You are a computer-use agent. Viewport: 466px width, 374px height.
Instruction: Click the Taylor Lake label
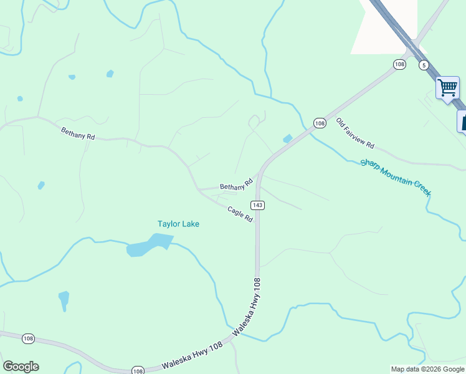(178, 224)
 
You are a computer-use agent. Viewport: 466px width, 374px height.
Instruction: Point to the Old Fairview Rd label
(355, 133)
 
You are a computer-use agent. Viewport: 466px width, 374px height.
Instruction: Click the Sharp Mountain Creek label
(395, 178)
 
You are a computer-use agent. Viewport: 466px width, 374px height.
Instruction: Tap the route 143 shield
(258, 205)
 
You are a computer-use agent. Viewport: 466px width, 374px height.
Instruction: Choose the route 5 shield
(424, 65)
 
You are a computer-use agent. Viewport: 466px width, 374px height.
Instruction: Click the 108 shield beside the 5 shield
(400, 64)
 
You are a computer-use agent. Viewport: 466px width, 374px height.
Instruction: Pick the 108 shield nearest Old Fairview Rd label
(320, 123)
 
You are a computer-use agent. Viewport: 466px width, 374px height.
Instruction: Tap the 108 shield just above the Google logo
(28, 338)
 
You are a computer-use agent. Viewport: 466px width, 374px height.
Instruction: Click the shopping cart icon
(447, 88)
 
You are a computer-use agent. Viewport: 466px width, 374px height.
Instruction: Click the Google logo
(21, 367)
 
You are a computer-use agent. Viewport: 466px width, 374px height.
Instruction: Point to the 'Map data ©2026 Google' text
(427, 369)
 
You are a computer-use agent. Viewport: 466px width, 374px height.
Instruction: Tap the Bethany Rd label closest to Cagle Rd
(236, 185)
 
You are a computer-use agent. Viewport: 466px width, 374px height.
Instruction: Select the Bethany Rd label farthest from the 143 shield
(77, 133)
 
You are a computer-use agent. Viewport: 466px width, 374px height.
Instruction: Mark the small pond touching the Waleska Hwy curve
(287, 138)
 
